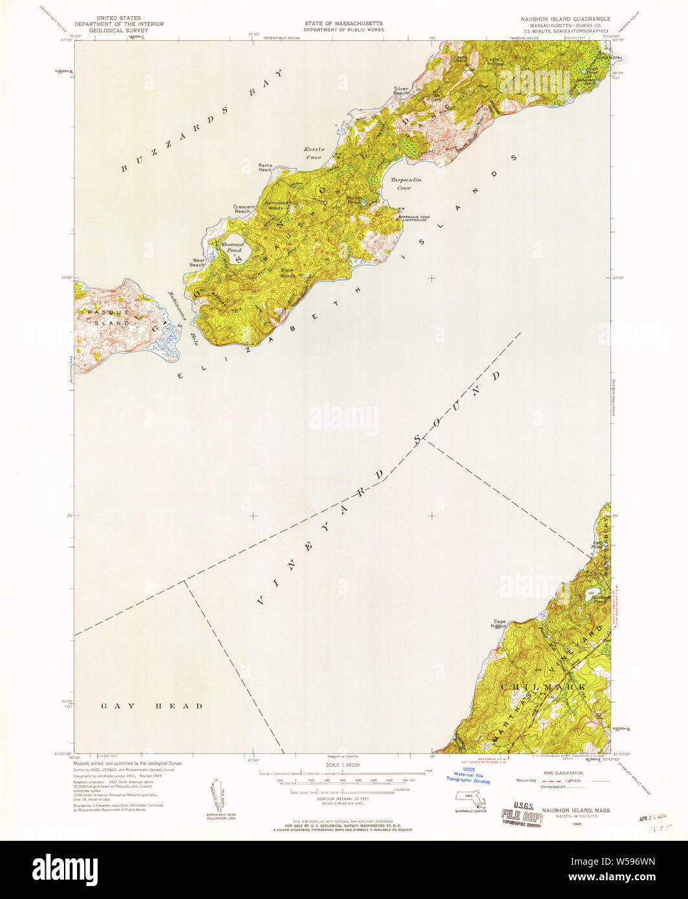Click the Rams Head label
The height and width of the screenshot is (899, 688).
[265, 167]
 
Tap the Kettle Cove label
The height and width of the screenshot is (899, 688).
[314, 153]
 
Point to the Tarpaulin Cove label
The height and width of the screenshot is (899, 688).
[405, 184]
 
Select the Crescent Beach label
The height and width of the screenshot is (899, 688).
[242, 209]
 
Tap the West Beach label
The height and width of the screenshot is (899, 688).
[197, 263]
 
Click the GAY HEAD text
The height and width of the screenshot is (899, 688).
[152, 706]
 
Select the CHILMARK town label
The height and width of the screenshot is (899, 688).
[544, 686]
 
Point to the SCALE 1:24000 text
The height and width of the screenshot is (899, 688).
[343, 764]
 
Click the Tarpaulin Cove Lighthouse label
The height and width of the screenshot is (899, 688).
[420, 218]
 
